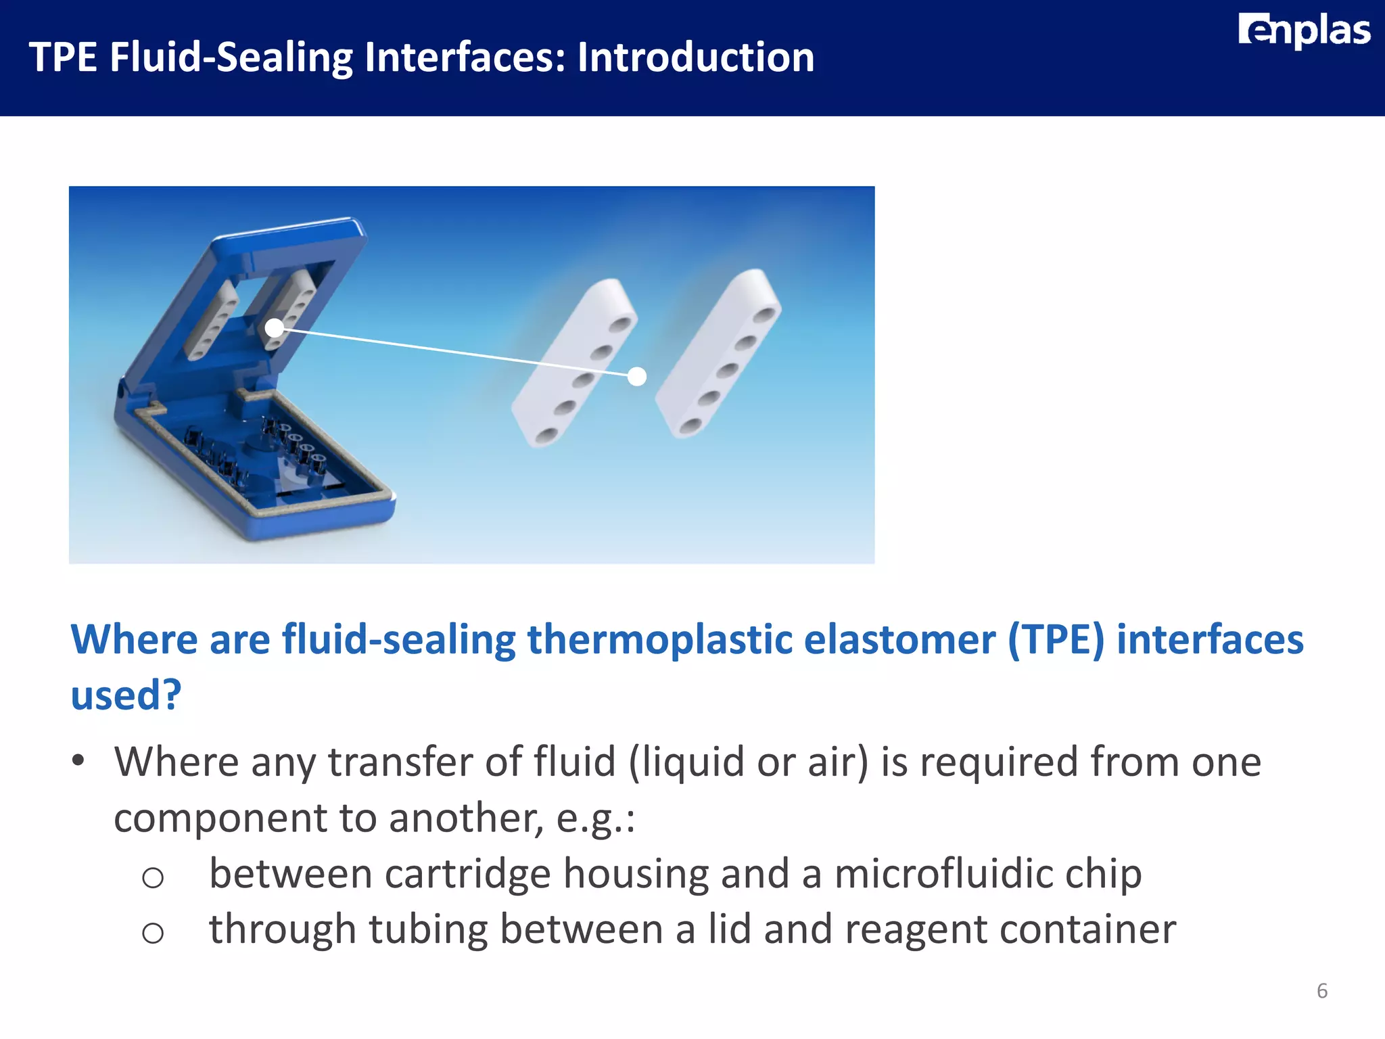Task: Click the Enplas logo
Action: (1303, 31)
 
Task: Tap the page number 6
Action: (1322, 991)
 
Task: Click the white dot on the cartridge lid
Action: (274, 328)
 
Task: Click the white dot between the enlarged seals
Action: (636, 377)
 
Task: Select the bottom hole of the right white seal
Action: (690, 427)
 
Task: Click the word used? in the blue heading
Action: (126, 695)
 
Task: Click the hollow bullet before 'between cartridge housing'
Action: (153, 878)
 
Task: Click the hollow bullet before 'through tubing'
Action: (153, 933)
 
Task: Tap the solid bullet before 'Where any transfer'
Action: (78, 760)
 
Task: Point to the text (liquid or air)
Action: (748, 762)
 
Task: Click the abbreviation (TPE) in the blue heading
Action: (1056, 639)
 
